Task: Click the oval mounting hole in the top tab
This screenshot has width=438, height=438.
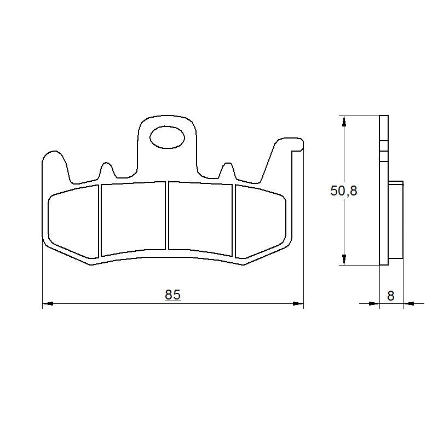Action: [x=167, y=137]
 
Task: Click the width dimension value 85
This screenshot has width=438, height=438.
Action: [x=172, y=295]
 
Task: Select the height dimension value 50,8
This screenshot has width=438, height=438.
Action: [x=344, y=191]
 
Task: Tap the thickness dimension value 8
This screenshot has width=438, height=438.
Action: [x=391, y=296]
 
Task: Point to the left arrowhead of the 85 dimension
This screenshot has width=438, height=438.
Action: [x=47, y=302]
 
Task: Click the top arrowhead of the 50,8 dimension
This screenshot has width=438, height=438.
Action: [x=343, y=120]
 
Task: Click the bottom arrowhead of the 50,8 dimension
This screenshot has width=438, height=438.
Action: [x=343, y=261]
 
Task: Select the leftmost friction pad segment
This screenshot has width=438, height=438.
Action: [x=73, y=221]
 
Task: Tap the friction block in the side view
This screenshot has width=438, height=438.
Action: [x=396, y=219]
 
